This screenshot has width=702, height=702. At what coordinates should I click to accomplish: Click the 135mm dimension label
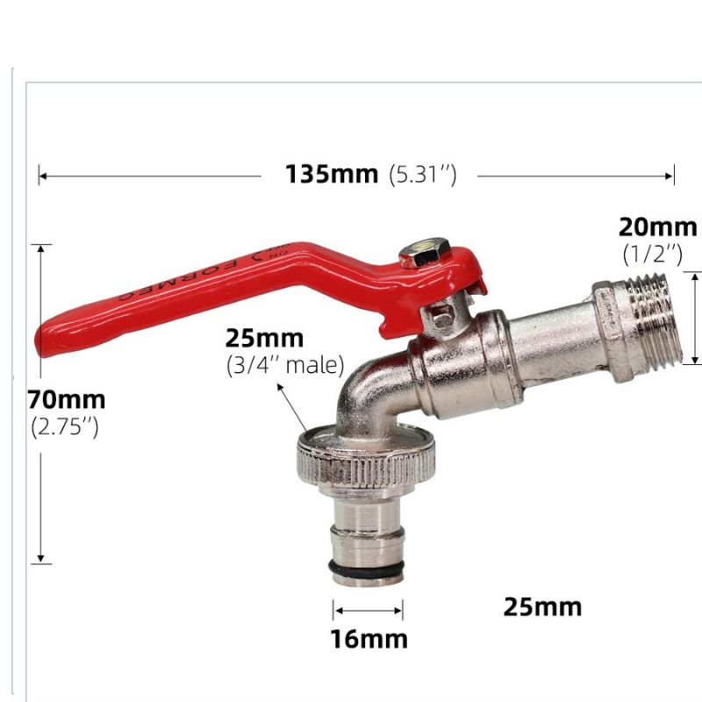tap(331, 175)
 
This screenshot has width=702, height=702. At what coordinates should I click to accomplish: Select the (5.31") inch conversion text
tap(422, 175)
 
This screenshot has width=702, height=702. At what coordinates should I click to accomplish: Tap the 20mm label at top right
tap(657, 227)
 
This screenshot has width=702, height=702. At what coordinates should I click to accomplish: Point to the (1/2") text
tap(652, 254)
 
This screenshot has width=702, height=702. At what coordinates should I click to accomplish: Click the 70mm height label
tap(67, 400)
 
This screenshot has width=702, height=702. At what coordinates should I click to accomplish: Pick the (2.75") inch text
tap(66, 428)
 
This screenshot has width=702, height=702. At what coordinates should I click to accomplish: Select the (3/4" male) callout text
tap(284, 365)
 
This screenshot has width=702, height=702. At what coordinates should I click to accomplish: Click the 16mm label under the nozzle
tap(369, 639)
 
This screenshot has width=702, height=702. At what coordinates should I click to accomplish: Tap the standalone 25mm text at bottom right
tap(542, 606)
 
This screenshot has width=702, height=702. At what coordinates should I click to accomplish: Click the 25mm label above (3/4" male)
tap(264, 338)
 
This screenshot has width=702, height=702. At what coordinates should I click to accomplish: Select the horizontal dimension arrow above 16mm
tap(368, 609)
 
